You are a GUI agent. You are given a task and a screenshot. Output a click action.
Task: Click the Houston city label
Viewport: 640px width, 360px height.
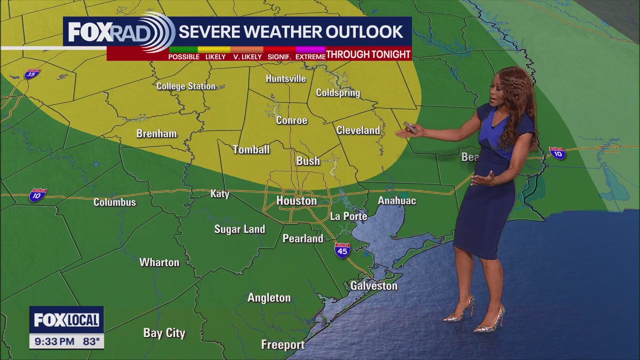(x=296, y=201)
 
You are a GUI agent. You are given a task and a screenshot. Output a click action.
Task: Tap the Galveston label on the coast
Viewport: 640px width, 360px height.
(x=373, y=286)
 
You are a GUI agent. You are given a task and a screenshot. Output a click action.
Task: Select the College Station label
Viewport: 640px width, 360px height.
(x=186, y=86)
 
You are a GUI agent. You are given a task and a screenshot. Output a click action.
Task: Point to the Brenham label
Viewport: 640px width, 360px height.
(x=156, y=134)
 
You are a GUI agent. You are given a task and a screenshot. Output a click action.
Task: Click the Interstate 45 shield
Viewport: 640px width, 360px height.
(x=342, y=250)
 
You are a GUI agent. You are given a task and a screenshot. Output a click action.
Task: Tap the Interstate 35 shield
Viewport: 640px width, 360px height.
(x=32, y=74)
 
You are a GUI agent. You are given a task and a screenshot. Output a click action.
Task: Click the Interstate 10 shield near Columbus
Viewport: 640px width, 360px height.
(x=37, y=194)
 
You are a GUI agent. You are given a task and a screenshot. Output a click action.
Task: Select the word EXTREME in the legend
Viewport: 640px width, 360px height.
(x=310, y=57)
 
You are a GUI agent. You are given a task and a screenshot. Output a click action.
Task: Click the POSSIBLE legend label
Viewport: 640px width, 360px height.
(x=183, y=57)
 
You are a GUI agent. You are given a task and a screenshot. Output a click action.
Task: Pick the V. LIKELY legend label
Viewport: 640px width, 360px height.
(x=247, y=57)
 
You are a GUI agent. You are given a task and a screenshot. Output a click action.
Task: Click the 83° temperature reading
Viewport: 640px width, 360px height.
(x=91, y=342)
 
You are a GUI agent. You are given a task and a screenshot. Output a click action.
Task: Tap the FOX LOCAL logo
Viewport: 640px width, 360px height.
(x=66, y=320)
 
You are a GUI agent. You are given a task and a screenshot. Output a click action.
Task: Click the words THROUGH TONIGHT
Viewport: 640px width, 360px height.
(x=368, y=54)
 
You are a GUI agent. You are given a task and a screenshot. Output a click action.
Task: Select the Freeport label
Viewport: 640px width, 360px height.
(x=282, y=345)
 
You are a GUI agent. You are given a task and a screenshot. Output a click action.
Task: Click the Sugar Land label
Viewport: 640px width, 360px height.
(x=239, y=229)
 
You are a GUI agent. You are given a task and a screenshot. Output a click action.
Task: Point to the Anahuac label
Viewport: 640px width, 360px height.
(x=396, y=201)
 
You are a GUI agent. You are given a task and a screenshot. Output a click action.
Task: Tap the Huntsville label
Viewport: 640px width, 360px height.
(x=285, y=79)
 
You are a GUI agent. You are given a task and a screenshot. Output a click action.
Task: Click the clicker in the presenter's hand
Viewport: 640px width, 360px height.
(x=410, y=127)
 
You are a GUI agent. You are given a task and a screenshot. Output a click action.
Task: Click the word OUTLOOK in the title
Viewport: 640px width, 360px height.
(x=364, y=32)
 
